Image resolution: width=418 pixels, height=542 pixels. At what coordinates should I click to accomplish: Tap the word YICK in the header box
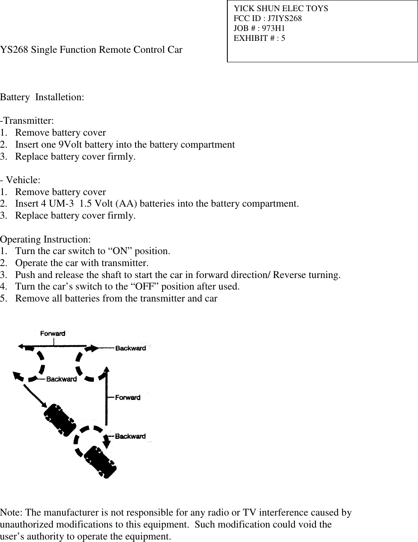[x=243, y=9]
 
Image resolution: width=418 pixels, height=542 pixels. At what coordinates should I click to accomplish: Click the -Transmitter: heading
[x=27, y=121]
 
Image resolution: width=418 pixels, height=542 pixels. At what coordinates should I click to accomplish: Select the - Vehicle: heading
[x=20, y=180]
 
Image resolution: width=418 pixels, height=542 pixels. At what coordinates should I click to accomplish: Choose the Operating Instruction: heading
[x=46, y=240]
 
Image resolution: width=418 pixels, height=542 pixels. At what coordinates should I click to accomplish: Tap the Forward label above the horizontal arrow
[x=53, y=333]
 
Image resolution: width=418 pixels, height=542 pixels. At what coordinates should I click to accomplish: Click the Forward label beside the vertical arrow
[x=128, y=398]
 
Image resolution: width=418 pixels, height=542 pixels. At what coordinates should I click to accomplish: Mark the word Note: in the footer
[x=12, y=513]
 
